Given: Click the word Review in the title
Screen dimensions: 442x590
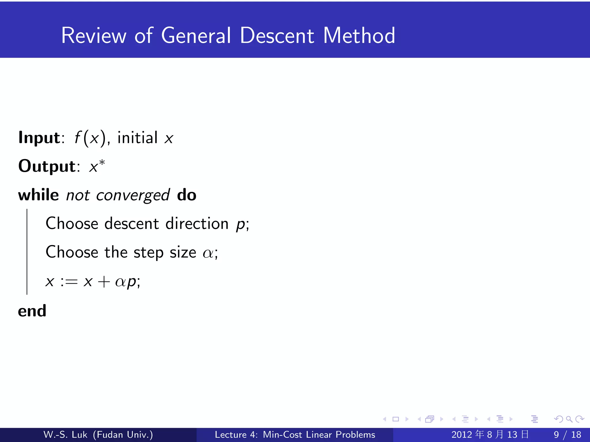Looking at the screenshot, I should pos(94,36).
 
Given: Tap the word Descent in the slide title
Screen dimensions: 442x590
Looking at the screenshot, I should pos(277,36).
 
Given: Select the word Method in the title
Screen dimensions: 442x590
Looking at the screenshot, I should pos(359,36).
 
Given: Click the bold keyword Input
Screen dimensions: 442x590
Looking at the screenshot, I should pos(39,138).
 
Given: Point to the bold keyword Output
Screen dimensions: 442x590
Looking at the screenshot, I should pos(47,166).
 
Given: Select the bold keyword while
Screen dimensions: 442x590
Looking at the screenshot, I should pos(38,195).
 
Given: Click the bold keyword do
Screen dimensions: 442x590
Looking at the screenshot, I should pos(187,195).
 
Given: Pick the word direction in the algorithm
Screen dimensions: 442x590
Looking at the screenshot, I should pos(197,224).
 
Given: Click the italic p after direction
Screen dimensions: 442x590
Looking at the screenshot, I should pos(241,225).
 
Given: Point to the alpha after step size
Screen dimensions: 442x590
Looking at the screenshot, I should pos(208,253).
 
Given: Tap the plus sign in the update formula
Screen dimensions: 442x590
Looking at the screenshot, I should pos(104,282).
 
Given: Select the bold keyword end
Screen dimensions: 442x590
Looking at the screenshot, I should pos(32,311).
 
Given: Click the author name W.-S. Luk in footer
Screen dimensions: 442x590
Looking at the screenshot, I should pos(65,435).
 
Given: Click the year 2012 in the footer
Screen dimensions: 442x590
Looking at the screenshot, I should pos(462,435).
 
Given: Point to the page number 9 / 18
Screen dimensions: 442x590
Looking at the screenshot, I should pos(567,435).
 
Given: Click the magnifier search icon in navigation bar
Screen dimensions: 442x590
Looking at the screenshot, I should pos(569,419).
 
